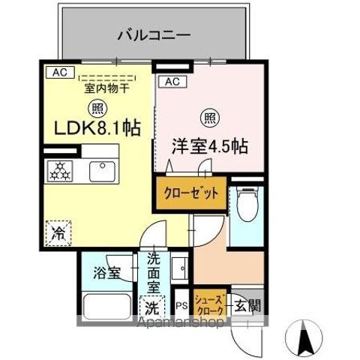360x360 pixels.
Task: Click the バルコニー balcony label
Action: click(x=154, y=34)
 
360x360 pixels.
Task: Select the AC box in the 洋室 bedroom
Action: click(x=170, y=81)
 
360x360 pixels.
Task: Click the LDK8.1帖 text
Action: click(x=96, y=129)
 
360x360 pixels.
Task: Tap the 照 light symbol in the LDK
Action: click(x=95, y=107)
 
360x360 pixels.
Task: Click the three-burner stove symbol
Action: click(x=59, y=172)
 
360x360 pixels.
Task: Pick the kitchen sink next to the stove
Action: click(x=103, y=171)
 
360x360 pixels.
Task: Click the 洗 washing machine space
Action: click(x=152, y=307)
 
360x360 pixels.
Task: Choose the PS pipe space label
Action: click(x=181, y=306)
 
